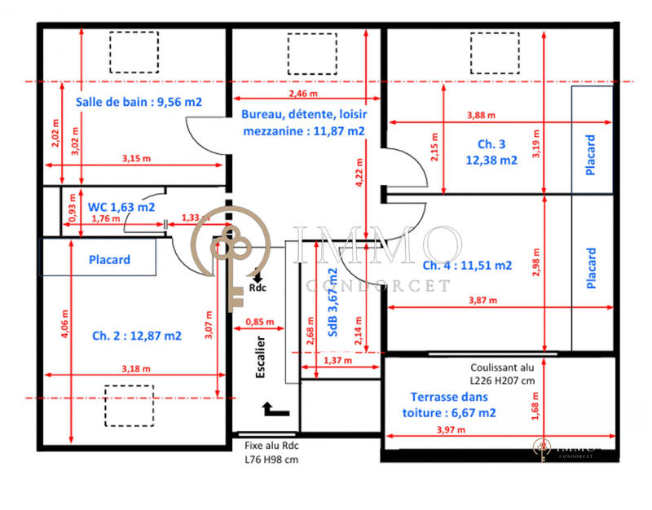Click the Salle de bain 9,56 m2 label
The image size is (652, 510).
tap(139, 103)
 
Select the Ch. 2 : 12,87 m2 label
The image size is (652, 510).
tap(136, 335)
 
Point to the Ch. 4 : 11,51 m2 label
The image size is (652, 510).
tap(467, 265)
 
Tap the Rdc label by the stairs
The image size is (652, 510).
tap(258, 288)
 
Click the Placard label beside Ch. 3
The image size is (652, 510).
tap(591, 155)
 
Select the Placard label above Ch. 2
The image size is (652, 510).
tap(110, 260)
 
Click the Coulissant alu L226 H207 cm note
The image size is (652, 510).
tap(502, 374)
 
